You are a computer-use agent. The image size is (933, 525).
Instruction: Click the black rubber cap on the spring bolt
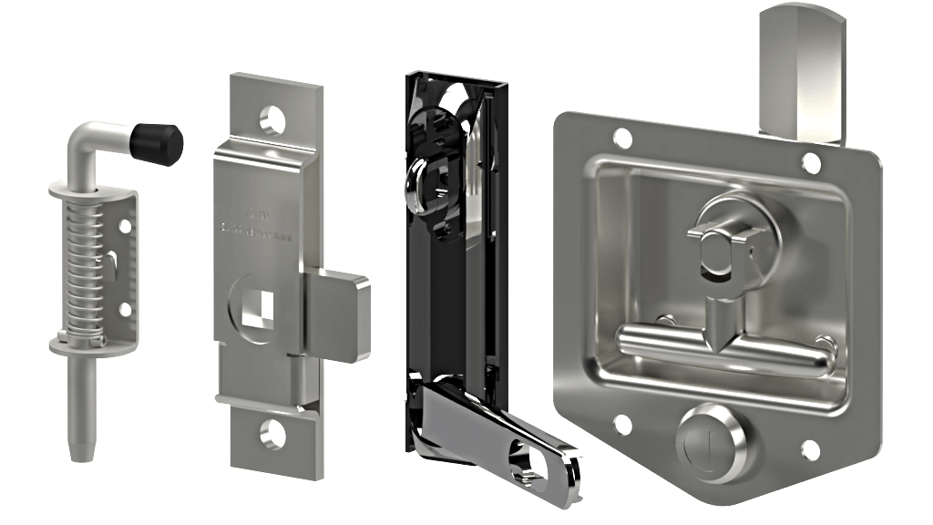tap(157, 143)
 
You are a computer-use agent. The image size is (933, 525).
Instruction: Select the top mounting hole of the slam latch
tap(272, 118)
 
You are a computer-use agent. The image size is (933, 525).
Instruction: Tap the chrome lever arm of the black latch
tap(492, 437)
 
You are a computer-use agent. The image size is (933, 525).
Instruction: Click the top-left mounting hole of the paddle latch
tap(622, 139)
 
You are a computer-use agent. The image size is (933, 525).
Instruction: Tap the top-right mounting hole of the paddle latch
tap(810, 162)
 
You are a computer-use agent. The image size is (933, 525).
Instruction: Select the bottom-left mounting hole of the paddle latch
tap(622, 424)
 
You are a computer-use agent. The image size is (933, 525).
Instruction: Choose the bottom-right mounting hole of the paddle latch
tap(810, 449)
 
